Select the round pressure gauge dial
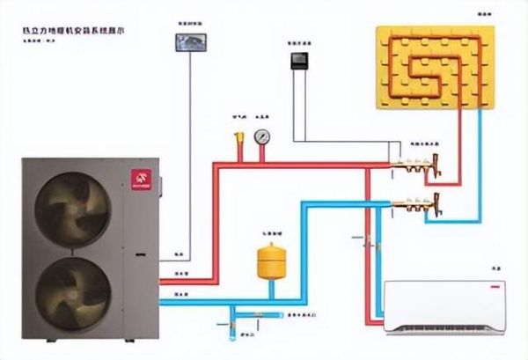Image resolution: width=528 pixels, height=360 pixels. [261, 136]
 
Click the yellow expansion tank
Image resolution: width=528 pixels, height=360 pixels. [267, 261]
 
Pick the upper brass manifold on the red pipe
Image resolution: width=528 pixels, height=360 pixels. [414, 164]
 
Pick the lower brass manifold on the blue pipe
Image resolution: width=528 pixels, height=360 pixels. [414, 203]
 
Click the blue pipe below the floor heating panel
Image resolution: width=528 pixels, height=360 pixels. [479, 167]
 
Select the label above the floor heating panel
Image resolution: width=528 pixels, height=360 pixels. [483, 15]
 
